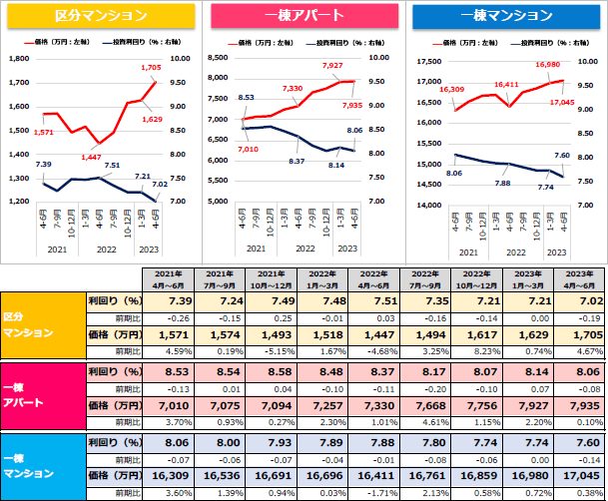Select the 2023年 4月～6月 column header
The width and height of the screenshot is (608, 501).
pyautogui.click(x=577, y=279)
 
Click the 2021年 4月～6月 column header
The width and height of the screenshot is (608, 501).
pyautogui.click(x=167, y=279)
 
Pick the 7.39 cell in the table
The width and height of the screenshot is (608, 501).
pyautogui.click(x=168, y=299)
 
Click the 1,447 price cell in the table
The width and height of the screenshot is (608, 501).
pyautogui.click(x=372, y=335)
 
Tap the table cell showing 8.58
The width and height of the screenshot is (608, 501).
pyautogui.click(x=270, y=370)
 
